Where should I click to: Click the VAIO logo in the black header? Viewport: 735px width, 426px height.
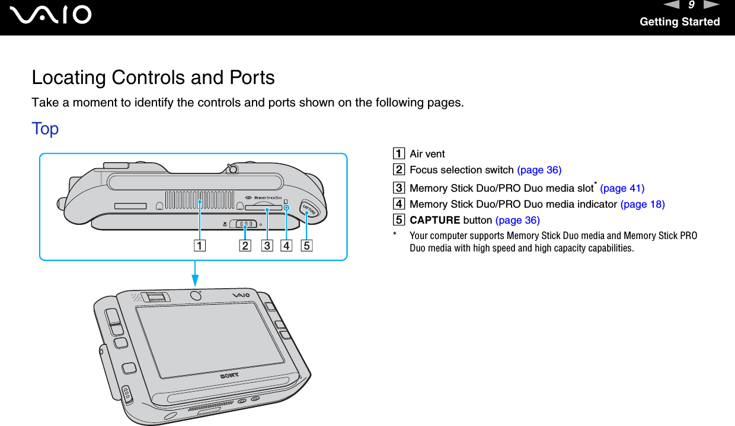[53, 15]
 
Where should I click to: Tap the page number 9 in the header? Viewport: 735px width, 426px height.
[691, 5]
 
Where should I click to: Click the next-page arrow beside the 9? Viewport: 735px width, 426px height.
[711, 5]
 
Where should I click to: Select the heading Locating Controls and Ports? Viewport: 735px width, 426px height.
[153, 78]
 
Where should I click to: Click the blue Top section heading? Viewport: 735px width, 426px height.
[45, 128]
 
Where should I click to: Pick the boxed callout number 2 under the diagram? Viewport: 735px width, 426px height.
[245, 244]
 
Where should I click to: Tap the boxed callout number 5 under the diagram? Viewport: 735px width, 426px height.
[306, 244]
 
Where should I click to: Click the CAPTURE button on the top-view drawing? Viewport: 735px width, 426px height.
[309, 210]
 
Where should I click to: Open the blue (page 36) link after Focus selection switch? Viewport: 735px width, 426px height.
[539, 170]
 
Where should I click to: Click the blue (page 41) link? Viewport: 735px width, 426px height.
[622, 188]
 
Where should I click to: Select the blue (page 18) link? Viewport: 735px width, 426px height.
[642, 204]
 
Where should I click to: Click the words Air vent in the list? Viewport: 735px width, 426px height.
[427, 154]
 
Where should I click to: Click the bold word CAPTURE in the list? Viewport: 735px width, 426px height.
[434, 220]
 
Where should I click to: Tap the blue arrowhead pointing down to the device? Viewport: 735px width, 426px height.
[193, 275]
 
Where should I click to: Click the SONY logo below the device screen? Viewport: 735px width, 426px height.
[231, 375]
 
